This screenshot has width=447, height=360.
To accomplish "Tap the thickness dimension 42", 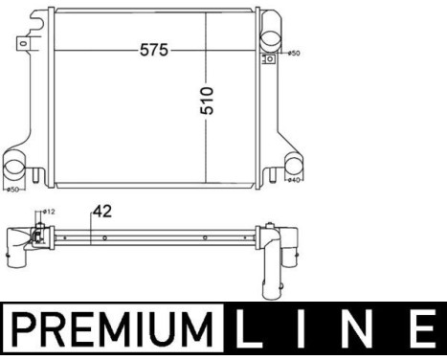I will click(x=101, y=212).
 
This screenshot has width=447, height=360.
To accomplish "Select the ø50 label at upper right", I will click(x=294, y=54).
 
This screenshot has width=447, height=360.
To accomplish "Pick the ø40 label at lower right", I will click(x=295, y=179).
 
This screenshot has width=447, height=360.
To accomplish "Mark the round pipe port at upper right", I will click(x=271, y=42).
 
